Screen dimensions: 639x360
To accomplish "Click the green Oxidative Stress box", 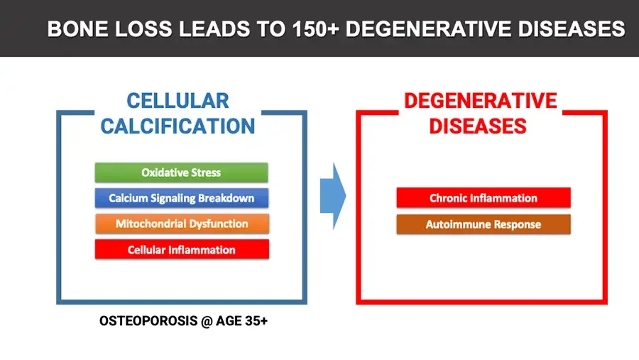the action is (x=181, y=173).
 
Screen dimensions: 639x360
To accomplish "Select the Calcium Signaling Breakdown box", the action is (x=181, y=198).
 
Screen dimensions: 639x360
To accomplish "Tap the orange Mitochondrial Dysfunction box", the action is (x=181, y=224).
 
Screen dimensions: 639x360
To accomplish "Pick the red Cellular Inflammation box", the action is (x=181, y=249).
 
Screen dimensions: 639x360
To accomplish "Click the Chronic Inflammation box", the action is (x=483, y=198).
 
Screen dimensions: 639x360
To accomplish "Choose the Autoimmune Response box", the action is (x=483, y=224).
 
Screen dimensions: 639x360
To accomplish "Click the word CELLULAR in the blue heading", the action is (x=177, y=100).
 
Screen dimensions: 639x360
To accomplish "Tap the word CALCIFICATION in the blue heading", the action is (x=177, y=126).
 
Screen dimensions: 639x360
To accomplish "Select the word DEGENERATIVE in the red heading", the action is (x=481, y=100).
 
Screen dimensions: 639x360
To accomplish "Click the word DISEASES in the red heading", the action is (x=481, y=126).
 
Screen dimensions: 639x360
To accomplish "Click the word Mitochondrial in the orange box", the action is (x=152, y=224).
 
